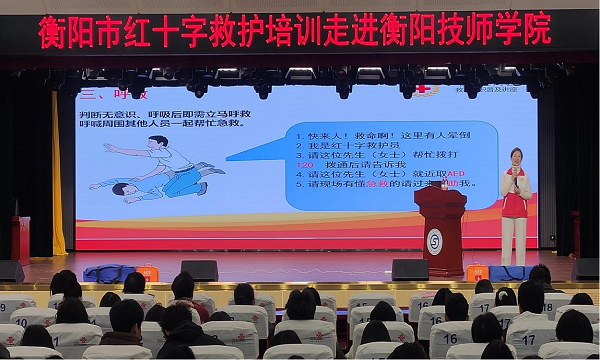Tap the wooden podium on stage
tap(440, 229)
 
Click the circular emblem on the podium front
tap(433, 241)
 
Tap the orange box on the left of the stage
tap(147, 273)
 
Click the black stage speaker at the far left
tap(11, 271)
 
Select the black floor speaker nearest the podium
tap(409, 270)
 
